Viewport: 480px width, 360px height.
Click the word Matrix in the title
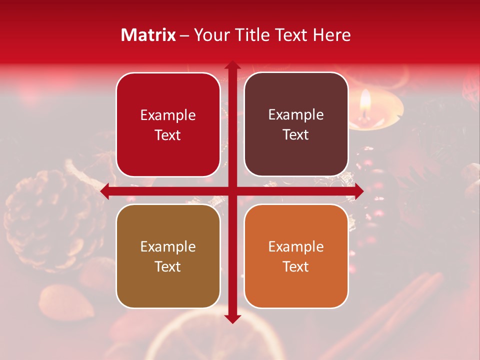pos(148,35)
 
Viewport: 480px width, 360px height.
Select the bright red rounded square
pos(168,124)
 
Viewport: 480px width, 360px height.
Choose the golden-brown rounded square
pos(168,256)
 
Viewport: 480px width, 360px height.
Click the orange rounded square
pos(296,256)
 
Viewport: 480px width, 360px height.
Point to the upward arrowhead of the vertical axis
pos(232,65)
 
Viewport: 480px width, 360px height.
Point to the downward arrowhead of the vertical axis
pos(232,318)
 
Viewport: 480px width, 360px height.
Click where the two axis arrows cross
pos(232,191)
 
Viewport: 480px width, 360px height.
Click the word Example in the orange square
pos(296,246)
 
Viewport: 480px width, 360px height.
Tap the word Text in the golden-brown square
pos(168,266)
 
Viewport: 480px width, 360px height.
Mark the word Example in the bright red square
pos(168,115)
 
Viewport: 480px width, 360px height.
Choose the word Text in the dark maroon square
pos(296,134)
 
